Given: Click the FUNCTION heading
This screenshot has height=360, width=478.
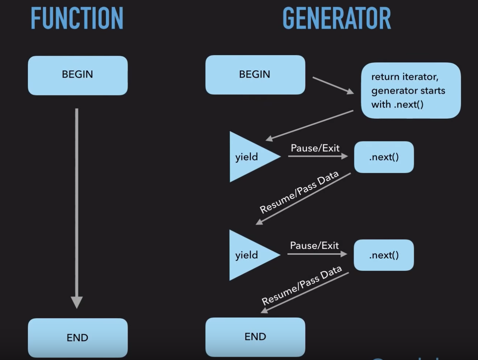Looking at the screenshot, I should [77, 18].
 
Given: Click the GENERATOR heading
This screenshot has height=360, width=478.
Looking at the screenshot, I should [337, 18].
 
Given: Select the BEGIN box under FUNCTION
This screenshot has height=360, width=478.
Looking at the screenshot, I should [78, 75].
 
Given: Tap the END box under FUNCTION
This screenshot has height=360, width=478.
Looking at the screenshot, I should [78, 337].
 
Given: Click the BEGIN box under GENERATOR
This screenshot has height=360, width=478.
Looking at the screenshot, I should [255, 75].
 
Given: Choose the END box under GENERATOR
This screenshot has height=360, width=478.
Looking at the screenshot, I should [255, 337].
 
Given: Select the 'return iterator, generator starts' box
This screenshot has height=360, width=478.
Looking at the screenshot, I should [411, 90].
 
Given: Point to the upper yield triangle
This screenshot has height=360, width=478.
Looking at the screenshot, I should [250, 157].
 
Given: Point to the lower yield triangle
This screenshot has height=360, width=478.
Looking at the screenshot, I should [250, 255].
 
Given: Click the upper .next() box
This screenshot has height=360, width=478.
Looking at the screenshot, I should [384, 157].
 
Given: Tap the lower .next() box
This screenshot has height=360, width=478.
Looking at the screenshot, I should [384, 255].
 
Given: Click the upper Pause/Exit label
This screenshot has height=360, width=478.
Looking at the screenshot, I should [315, 148].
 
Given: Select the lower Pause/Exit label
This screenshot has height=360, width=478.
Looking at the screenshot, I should [314, 246].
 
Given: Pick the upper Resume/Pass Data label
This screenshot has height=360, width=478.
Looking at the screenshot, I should [299, 192].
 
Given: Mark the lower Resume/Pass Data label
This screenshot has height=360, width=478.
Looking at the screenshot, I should [302, 285].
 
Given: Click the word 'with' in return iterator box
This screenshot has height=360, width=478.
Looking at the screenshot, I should [381, 105].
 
